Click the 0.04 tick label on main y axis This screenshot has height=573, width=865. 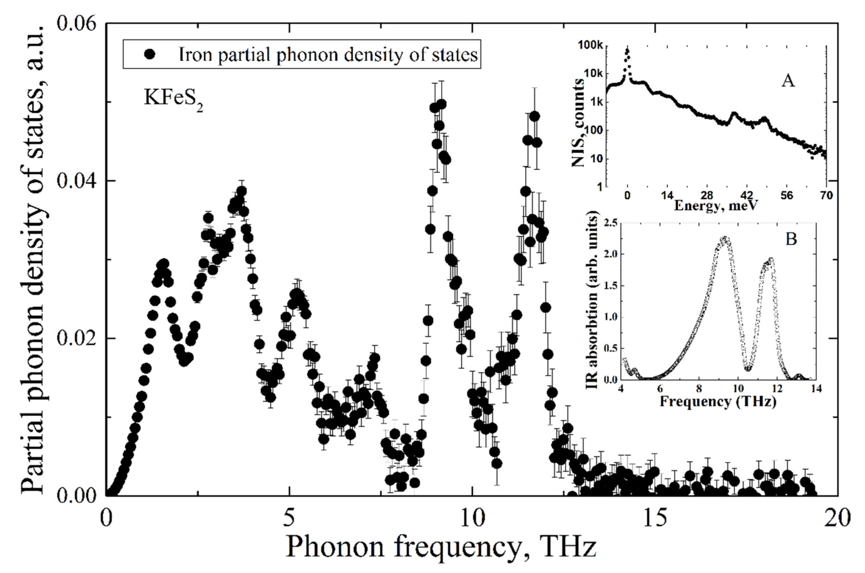(76, 181)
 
